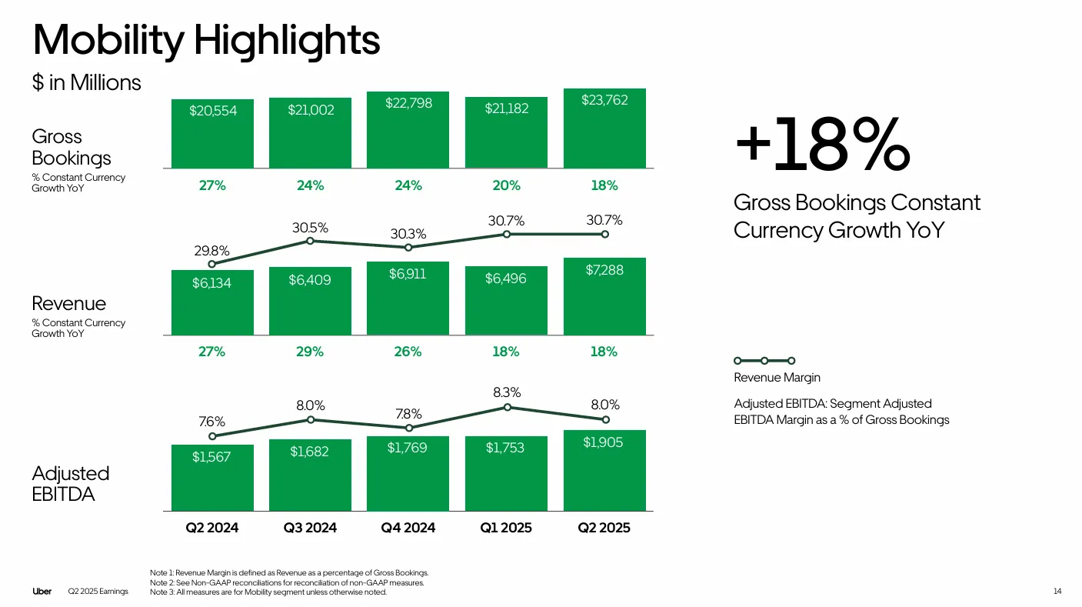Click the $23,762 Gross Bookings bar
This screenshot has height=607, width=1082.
tap(604, 128)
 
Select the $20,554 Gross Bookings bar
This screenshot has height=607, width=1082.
tap(213, 133)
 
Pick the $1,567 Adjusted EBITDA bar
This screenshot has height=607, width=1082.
tap(213, 478)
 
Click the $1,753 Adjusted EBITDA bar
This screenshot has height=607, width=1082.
tap(506, 473)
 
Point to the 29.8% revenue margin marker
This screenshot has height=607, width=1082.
tap(212, 264)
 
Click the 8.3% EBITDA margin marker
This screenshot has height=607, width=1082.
tap(507, 407)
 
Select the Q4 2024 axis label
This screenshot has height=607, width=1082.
tap(408, 528)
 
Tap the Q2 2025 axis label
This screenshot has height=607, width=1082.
tap(604, 528)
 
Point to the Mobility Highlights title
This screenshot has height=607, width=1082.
tap(206, 39)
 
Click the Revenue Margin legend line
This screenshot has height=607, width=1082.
tap(764, 360)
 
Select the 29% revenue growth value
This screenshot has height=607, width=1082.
tap(310, 352)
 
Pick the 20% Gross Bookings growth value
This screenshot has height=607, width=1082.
tap(506, 185)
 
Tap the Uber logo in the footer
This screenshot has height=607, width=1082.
tap(42, 592)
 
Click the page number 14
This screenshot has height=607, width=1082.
tap(1057, 592)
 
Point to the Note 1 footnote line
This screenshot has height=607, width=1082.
tap(289, 573)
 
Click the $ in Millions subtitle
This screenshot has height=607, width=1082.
tap(86, 83)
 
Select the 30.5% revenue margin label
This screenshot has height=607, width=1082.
tap(310, 228)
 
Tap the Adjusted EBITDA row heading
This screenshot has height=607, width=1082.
tap(71, 483)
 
